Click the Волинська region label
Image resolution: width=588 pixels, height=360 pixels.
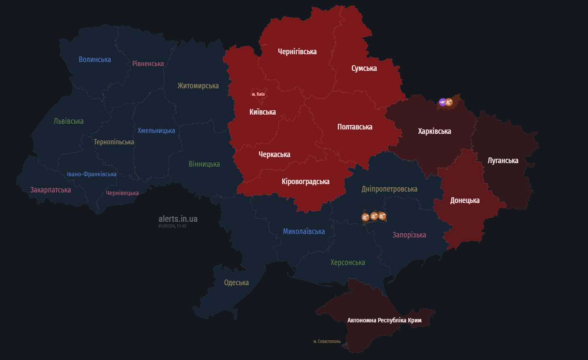[95, 59]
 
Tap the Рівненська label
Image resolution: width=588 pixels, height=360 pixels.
[148, 63]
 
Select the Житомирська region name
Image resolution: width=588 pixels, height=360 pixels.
[198, 86]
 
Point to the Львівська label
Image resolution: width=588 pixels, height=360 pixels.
[69, 121]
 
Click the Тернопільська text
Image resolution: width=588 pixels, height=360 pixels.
[114, 142]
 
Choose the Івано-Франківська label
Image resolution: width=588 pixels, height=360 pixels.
[91, 174]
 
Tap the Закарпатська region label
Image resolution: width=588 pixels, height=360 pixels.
[50, 190]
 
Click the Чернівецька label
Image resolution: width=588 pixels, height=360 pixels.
[122, 193]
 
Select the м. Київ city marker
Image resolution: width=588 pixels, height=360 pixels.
[258, 94]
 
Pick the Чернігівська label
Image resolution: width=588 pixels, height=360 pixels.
[297, 52]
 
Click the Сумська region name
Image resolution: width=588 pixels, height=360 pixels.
[364, 68]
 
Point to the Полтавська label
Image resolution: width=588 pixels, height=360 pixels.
[355, 127]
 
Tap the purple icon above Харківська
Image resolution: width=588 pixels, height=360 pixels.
[442, 102]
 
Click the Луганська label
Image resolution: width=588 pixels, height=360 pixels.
[503, 161]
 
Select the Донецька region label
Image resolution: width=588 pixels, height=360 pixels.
[465, 200]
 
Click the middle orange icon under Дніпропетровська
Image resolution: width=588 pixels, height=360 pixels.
[374, 216]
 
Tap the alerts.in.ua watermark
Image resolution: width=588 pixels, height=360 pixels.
[178, 219]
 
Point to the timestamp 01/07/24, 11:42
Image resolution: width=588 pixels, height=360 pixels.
[172, 226]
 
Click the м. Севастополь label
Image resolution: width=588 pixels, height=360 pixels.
[327, 341]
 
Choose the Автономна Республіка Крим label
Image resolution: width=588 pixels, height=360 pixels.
[384, 320]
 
